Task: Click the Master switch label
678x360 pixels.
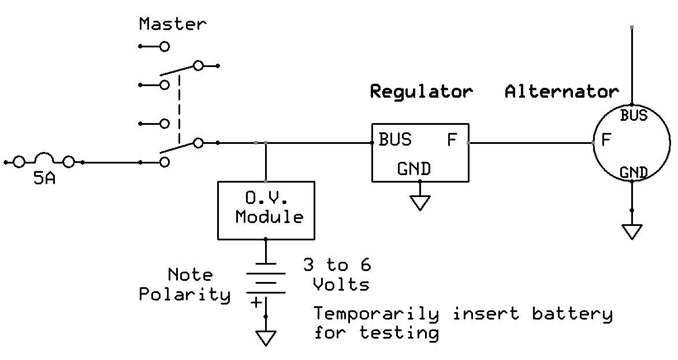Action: click(x=172, y=24)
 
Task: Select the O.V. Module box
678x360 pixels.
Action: click(x=266, y=210)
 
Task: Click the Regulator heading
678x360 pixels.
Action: click(x=421, y=91)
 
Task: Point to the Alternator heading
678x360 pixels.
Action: click(x=561, y=91)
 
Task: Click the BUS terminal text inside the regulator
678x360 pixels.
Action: click(x=395, y=140)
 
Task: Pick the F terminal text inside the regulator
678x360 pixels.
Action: click(x=452, y=140)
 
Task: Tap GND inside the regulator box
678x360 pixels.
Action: click(x=413, y=169)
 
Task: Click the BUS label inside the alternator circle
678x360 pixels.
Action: click(x=634, y=116)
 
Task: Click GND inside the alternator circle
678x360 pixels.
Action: click(x=633, y=172)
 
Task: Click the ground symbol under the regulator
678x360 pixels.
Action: click(x=420, y=203)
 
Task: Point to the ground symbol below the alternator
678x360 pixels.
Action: click(x=632, y=232)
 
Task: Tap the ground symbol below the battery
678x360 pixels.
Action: click(x=266, y=337)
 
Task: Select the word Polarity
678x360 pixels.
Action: click(x=184, y=294)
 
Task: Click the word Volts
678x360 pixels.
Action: click(x=341, y=284)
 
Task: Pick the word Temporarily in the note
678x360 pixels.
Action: click(x=376, y=314)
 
